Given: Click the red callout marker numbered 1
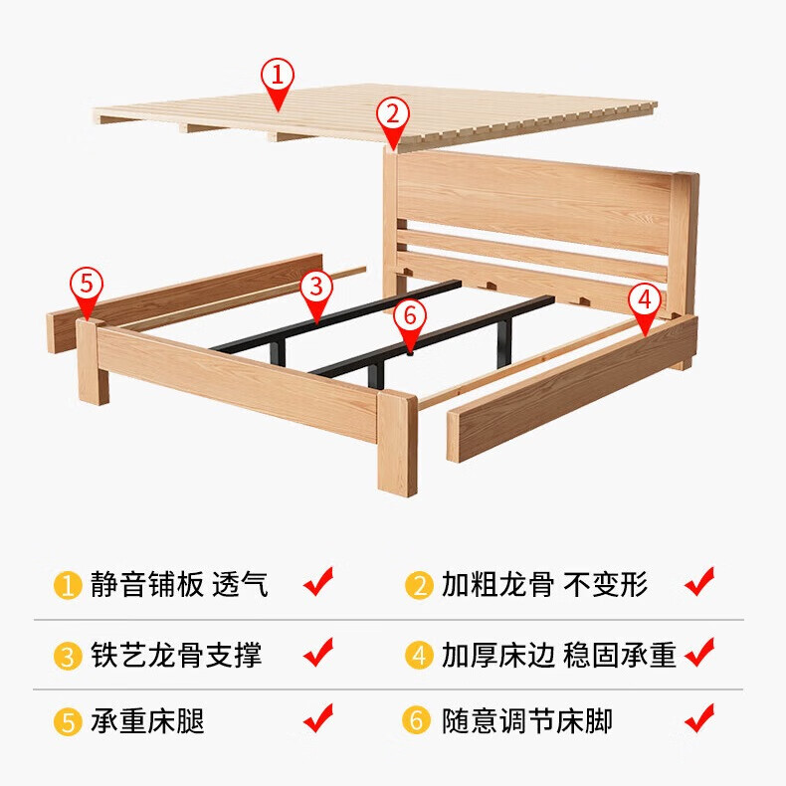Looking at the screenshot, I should pos(278,76).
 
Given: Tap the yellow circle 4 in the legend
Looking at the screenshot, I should pos(419,655).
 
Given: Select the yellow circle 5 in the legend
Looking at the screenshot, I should pos(67,720).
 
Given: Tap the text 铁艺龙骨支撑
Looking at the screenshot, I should pos(175,655).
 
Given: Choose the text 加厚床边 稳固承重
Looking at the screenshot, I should pos(559,655).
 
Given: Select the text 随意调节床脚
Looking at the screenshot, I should pos(527,720).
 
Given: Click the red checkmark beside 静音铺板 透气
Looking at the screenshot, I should pos(317,581).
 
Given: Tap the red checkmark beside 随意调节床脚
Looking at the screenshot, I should pos(699,716).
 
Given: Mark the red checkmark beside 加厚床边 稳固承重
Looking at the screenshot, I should pos(699,652).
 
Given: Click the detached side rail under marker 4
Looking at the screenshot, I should pos(572,388).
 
